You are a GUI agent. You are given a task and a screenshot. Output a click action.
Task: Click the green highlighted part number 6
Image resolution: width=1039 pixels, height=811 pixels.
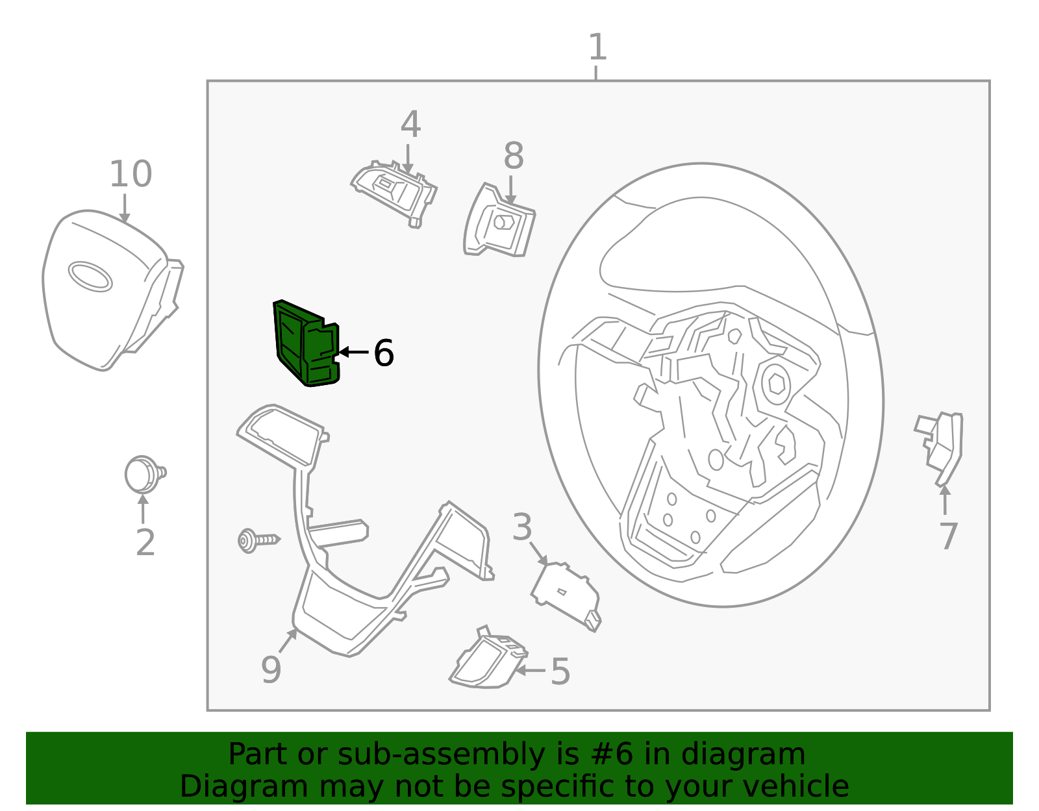(x=306, y=343)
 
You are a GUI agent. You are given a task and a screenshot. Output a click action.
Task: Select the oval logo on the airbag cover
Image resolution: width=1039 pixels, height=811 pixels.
(x=90, y=276)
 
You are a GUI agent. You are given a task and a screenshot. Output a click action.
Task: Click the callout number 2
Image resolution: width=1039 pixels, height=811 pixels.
(x=145, y=542)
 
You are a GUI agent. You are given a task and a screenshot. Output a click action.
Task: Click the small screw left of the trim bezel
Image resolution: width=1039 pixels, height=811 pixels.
(x=258, y=540)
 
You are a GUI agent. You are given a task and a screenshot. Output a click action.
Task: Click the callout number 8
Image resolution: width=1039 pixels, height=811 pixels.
(x=514, y=156)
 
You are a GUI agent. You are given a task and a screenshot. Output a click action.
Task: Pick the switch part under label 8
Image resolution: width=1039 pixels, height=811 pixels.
(x=499, y=221)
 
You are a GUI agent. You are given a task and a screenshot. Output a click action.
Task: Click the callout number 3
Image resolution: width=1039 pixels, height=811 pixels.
(x=521, y=527)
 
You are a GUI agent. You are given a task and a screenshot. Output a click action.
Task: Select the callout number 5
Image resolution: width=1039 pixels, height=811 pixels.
(x=560, y=671)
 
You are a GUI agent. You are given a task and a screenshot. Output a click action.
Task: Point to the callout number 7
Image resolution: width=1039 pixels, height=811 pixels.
(x=949, y=536)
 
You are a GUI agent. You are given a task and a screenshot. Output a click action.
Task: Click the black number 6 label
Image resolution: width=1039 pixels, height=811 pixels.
(x=384, y=353)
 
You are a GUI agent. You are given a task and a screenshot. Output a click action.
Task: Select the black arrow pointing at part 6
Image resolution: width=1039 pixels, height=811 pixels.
(x=353, y=352)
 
